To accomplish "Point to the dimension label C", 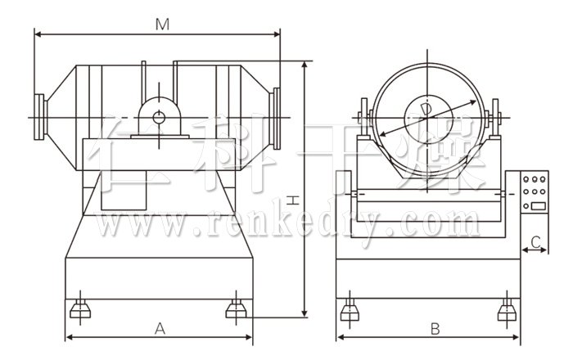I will coord(535,241).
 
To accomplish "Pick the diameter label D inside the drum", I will coord(426,109).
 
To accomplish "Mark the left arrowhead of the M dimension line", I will coord(37,34).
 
